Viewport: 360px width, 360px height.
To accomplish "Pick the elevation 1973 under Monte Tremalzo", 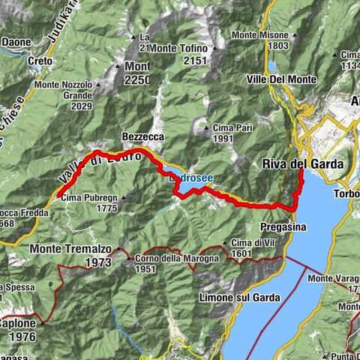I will coord(99,262).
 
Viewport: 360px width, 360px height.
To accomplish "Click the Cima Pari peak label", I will coord(229,128).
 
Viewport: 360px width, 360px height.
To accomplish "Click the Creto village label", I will coord(40,59).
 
